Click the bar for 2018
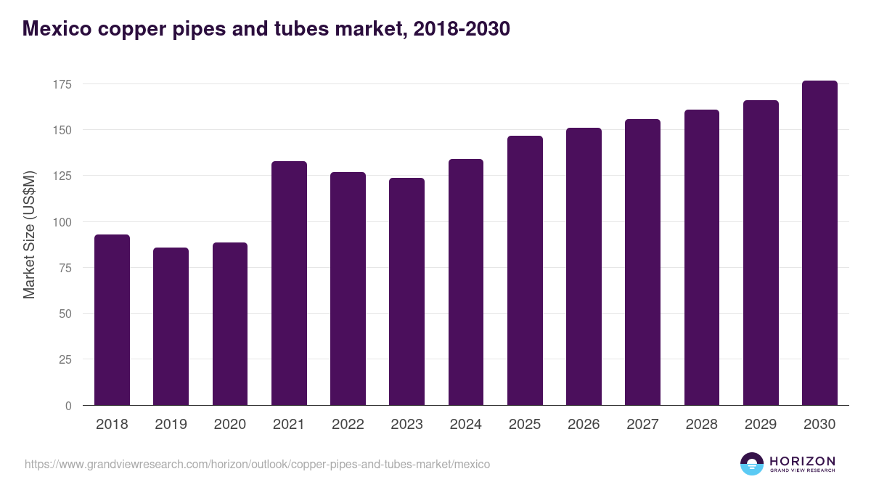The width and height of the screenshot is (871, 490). (112, 320)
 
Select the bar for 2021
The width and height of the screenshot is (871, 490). (289, 283)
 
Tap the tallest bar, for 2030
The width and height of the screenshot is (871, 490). (819, 243)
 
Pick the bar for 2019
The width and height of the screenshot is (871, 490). (171, 327)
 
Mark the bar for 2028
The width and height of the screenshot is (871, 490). (701, 258)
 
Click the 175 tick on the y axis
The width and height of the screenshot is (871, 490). (62, 84)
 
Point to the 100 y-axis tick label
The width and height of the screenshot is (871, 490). (62, 222)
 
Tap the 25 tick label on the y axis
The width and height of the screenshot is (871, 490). (65, 359)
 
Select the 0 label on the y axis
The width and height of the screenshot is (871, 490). (68, 406)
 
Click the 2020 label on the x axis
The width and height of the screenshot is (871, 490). (229, 425)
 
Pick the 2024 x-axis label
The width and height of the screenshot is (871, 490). (465, 425)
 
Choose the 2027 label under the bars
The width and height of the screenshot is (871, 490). (642, 425)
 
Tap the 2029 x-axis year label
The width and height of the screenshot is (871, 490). (761, 425)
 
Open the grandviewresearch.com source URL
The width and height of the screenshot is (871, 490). (257, 464)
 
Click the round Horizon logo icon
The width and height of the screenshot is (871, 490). (752, 464)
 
